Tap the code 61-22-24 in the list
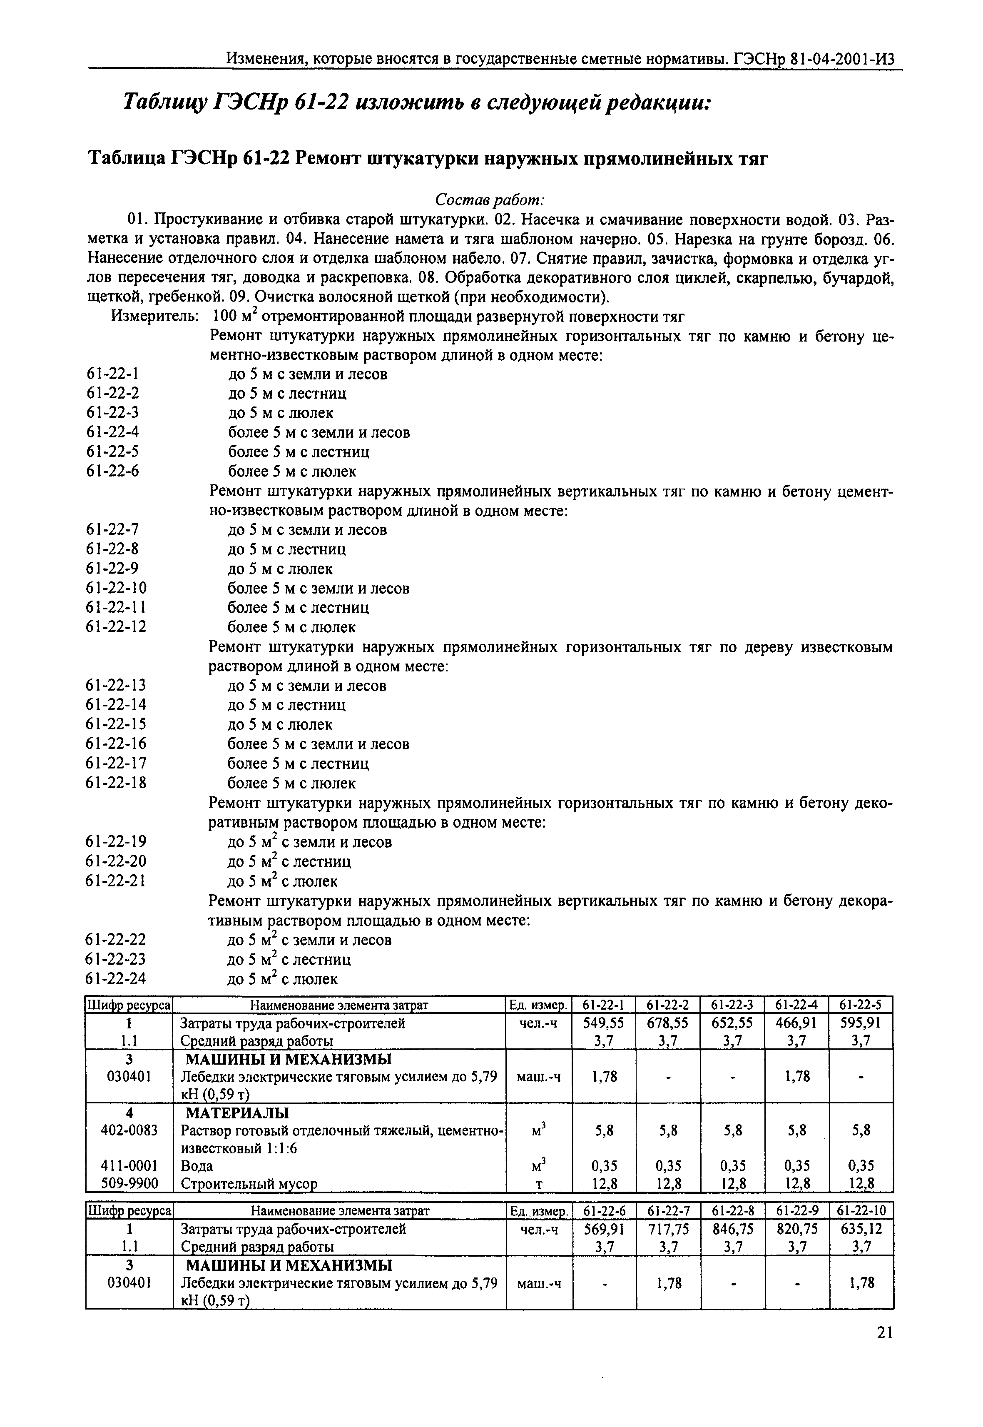(x=117, y=978)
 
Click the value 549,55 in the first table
(x=604, y=1023)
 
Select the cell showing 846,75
(x=732, y=1229)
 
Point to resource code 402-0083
(x=129, y=1130)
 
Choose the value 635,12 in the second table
(x=861, y=1229)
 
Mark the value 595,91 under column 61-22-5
(x=861, y=1023)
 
